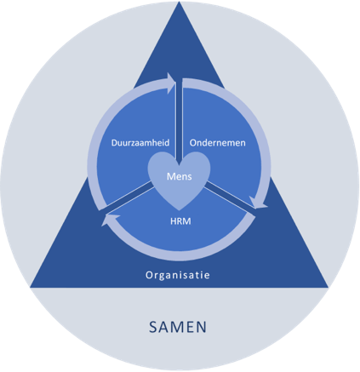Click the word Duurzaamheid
[140, 142]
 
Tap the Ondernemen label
[218, 142]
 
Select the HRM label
[180, 221]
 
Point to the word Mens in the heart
[180, 176]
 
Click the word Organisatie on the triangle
[178, 275]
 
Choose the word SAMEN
[178, 327]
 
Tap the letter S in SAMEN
[153, 327]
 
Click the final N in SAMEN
[202, 327]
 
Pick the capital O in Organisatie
[149, 275]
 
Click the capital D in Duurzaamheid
[114, 142]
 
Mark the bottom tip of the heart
[179, 210]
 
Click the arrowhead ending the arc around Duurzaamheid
[171, 83]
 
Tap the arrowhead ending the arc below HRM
[110, 220]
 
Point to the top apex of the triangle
[180, 2]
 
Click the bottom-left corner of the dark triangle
[31, 287]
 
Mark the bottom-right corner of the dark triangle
[329, 287]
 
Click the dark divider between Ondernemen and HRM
[230, 196]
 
